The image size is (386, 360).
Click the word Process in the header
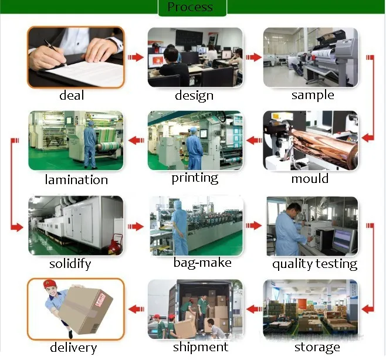(189, 7)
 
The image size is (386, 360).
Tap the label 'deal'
(72, 96)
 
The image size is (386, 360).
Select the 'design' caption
(194, 96)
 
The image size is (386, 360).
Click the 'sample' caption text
(313, 95)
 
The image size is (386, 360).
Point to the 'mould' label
(310, 178)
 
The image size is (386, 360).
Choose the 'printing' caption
(195, 178)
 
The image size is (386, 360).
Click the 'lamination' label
(76, 179)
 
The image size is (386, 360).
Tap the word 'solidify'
(70, 263)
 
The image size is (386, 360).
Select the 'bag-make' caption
(202, 262)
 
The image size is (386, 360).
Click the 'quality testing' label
(314, 263)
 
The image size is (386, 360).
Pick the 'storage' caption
(317, 347)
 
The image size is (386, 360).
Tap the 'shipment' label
(200, 347)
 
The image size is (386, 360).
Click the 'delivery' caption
(73, 347)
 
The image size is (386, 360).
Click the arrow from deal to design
(136, 57)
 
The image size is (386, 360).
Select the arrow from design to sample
(253, 57)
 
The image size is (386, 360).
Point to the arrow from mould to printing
(253, 140)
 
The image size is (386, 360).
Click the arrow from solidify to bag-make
(136, 226)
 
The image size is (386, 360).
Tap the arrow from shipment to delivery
(136, 308)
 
